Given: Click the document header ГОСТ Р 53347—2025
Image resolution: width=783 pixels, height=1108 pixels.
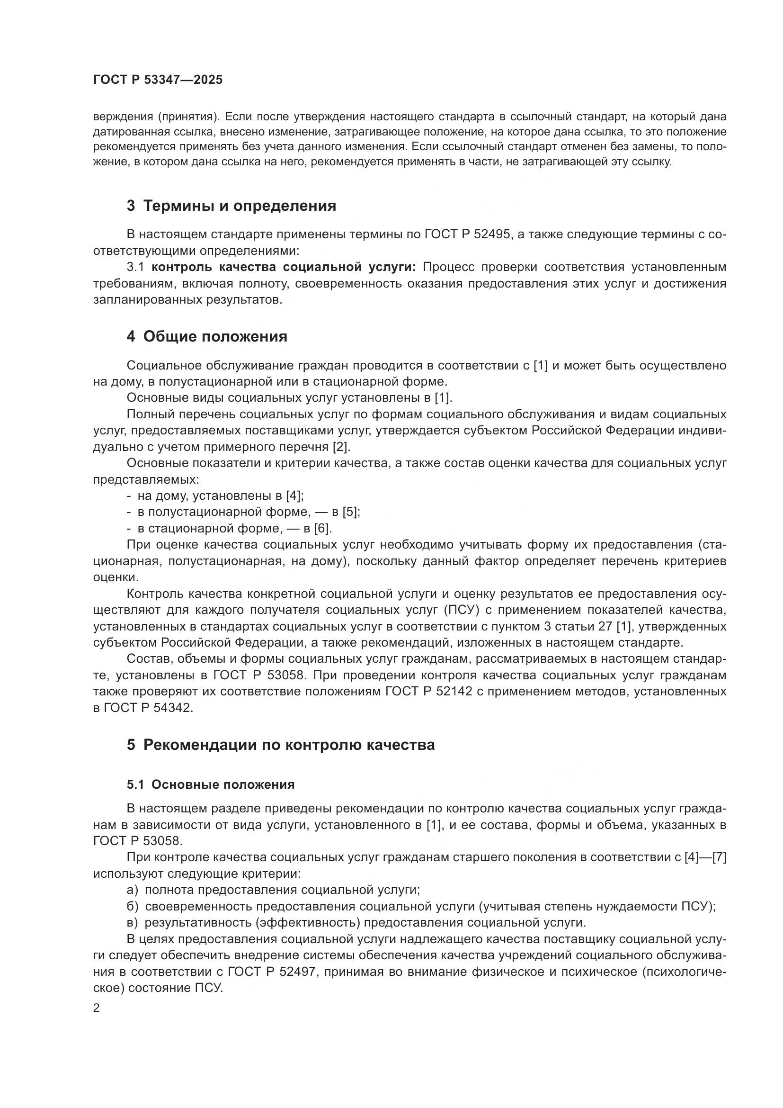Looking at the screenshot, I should (158, 80).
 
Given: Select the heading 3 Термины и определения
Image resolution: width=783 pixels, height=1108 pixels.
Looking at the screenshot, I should (231, 206).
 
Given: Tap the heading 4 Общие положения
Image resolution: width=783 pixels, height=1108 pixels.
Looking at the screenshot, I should (207, 336).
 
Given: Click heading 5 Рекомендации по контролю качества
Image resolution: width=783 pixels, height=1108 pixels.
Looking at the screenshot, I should (281, 745).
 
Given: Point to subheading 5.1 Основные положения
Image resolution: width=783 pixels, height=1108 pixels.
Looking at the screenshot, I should (211, 784).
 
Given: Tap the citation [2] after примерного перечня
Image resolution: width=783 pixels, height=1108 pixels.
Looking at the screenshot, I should (341, 447).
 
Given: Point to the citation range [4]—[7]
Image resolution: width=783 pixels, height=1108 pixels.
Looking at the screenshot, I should (705, 857).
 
